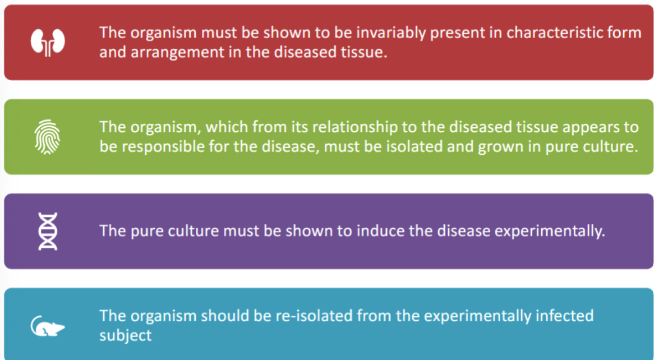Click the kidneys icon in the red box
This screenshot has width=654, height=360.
coord(48,42)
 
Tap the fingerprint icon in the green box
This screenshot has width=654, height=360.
coord(48,137)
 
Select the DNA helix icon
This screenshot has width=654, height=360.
coord(48,231)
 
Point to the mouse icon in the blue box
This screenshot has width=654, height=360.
coord(48,326)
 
